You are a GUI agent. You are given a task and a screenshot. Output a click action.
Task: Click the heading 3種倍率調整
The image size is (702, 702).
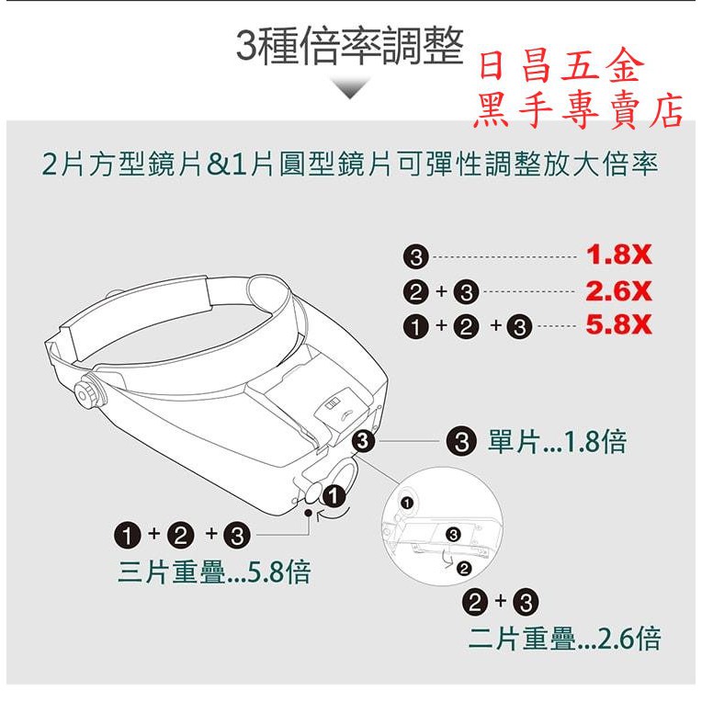click(349, 48)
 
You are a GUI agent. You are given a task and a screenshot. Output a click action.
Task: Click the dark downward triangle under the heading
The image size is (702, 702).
click(350, 88)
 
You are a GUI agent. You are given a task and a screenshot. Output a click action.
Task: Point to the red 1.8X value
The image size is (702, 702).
click(618, 256)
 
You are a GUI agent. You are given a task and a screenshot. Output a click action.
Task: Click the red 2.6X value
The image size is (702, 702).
click(618, 292)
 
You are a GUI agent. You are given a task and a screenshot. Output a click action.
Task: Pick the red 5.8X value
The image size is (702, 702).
click(618, 326)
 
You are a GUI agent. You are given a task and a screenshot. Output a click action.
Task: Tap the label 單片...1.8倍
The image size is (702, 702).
click(556, 442)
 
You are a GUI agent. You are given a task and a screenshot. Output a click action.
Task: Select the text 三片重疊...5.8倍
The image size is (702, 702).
click(214, 572)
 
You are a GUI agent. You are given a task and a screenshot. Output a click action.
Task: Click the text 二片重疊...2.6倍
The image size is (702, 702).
click(564, 637)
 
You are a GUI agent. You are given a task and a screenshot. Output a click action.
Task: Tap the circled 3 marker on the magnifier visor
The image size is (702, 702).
click(365, 442)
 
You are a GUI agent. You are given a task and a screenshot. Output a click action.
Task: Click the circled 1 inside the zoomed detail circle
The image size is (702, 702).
click(406, 504)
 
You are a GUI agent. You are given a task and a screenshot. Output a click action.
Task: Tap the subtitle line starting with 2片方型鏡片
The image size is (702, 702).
click(350, 164)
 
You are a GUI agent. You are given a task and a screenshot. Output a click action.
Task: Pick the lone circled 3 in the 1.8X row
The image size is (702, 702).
click(415, 257)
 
